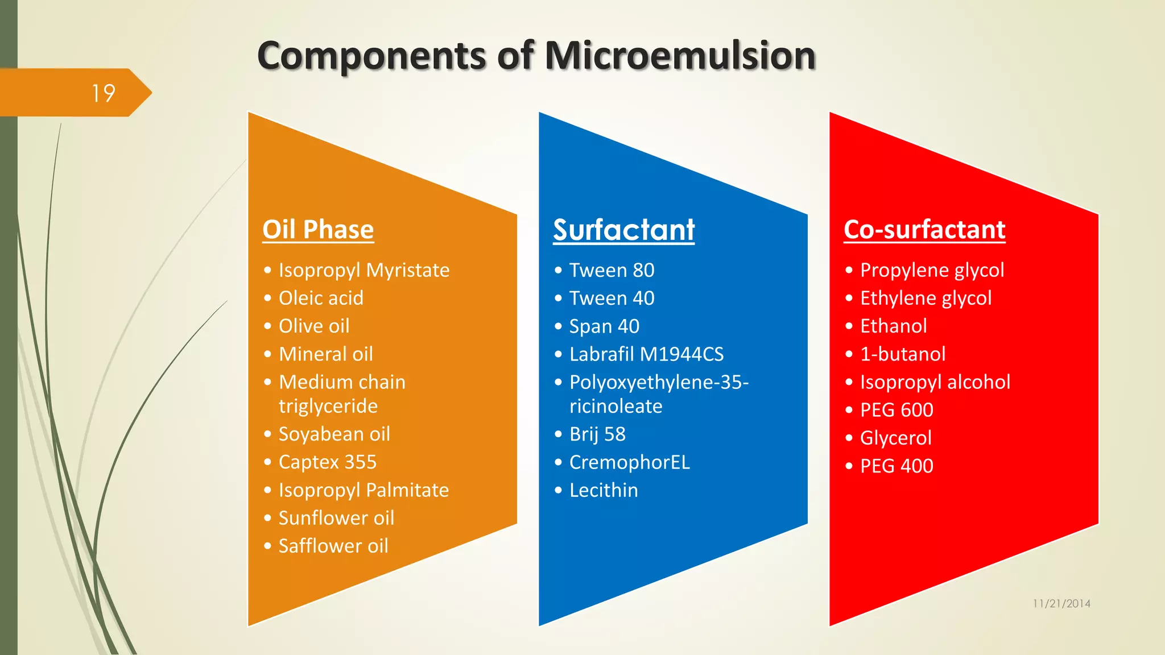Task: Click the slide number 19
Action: click(104, 93)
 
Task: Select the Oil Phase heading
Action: click(318, 230)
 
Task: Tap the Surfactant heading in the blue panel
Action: click(623, 230)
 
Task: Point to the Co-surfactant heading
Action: click(924, 230)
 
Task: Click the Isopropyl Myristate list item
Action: click(363, 270)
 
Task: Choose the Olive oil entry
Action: click(313, 326)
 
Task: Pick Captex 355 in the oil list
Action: click(327, 462)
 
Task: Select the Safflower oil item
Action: click(333, 546)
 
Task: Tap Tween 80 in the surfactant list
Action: click(612, 270)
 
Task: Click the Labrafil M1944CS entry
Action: click(646, 354)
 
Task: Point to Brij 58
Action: click(597, 434)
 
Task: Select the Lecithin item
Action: click(604, 490)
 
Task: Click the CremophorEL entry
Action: click(629, 462)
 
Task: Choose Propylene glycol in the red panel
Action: click(932, 270)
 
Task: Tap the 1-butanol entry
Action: click(902, 354)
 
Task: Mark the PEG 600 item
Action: click(897, 410)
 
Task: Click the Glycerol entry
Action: click(895, 438)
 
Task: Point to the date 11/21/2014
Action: click(1061, 603)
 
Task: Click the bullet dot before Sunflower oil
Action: click(267, 518)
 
